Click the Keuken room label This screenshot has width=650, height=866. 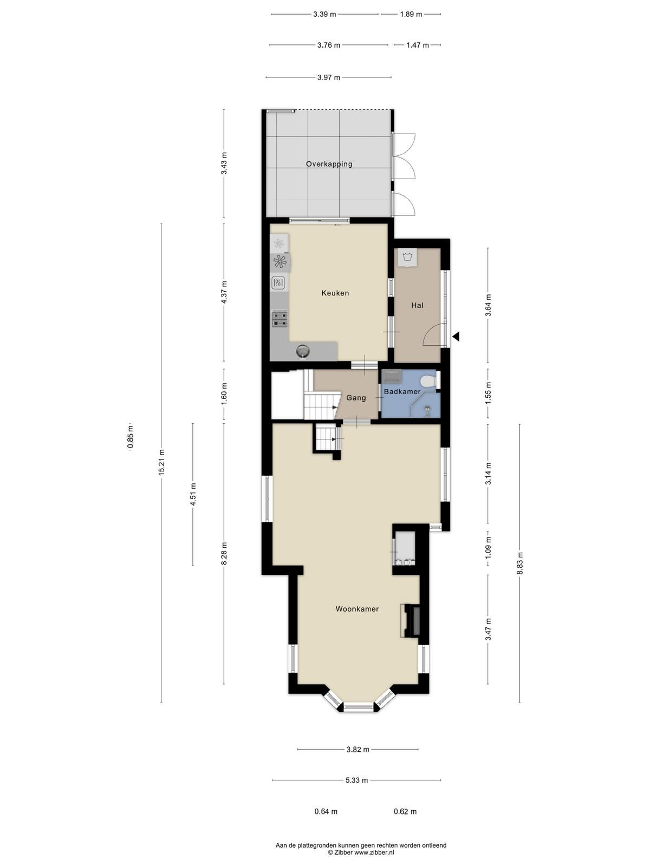click(335, 293)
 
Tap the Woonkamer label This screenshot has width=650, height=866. click(357, 609)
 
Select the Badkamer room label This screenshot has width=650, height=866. click(402, 392)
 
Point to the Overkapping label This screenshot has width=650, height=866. click(329, 164)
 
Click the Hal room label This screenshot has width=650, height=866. click(417, 305)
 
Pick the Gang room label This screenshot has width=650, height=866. click(356, 398)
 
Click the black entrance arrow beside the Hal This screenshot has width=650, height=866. click(456, 337)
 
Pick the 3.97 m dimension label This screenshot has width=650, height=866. click(328, 78)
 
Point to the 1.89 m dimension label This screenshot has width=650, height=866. click(411, 14)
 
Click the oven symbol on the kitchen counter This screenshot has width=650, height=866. click(278, 283)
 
